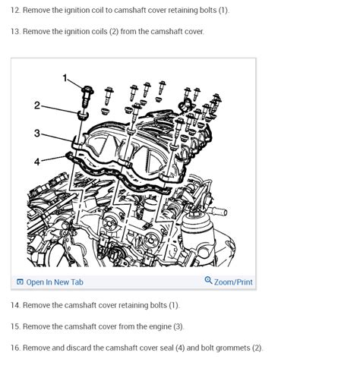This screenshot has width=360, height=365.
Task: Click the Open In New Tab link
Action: (x=55, y=282)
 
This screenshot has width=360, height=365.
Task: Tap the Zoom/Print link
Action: (x=233, y=282)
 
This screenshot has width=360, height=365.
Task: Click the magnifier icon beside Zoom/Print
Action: (x=208, y=280)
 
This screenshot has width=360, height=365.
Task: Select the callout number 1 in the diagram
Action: (x=65, y=78)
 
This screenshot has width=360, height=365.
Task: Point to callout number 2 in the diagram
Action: (x=37, y=105)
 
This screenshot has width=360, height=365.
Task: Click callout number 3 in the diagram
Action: (x=37, y=133)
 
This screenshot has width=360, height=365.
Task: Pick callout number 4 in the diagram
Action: (x=37, y=162)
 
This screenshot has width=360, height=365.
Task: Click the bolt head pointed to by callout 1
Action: (x=87, y=90)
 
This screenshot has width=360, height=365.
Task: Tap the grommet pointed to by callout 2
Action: (x=83, y=115)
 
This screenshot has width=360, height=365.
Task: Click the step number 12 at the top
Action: (x=15, y=10)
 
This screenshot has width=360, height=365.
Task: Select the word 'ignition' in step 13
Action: (x=74, y=32)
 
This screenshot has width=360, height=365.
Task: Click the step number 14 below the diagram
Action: (x=15, y=305)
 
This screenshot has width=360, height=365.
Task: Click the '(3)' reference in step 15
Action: (x=178, y=326)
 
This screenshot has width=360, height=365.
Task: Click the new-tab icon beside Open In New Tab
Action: (x=20, y=282)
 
